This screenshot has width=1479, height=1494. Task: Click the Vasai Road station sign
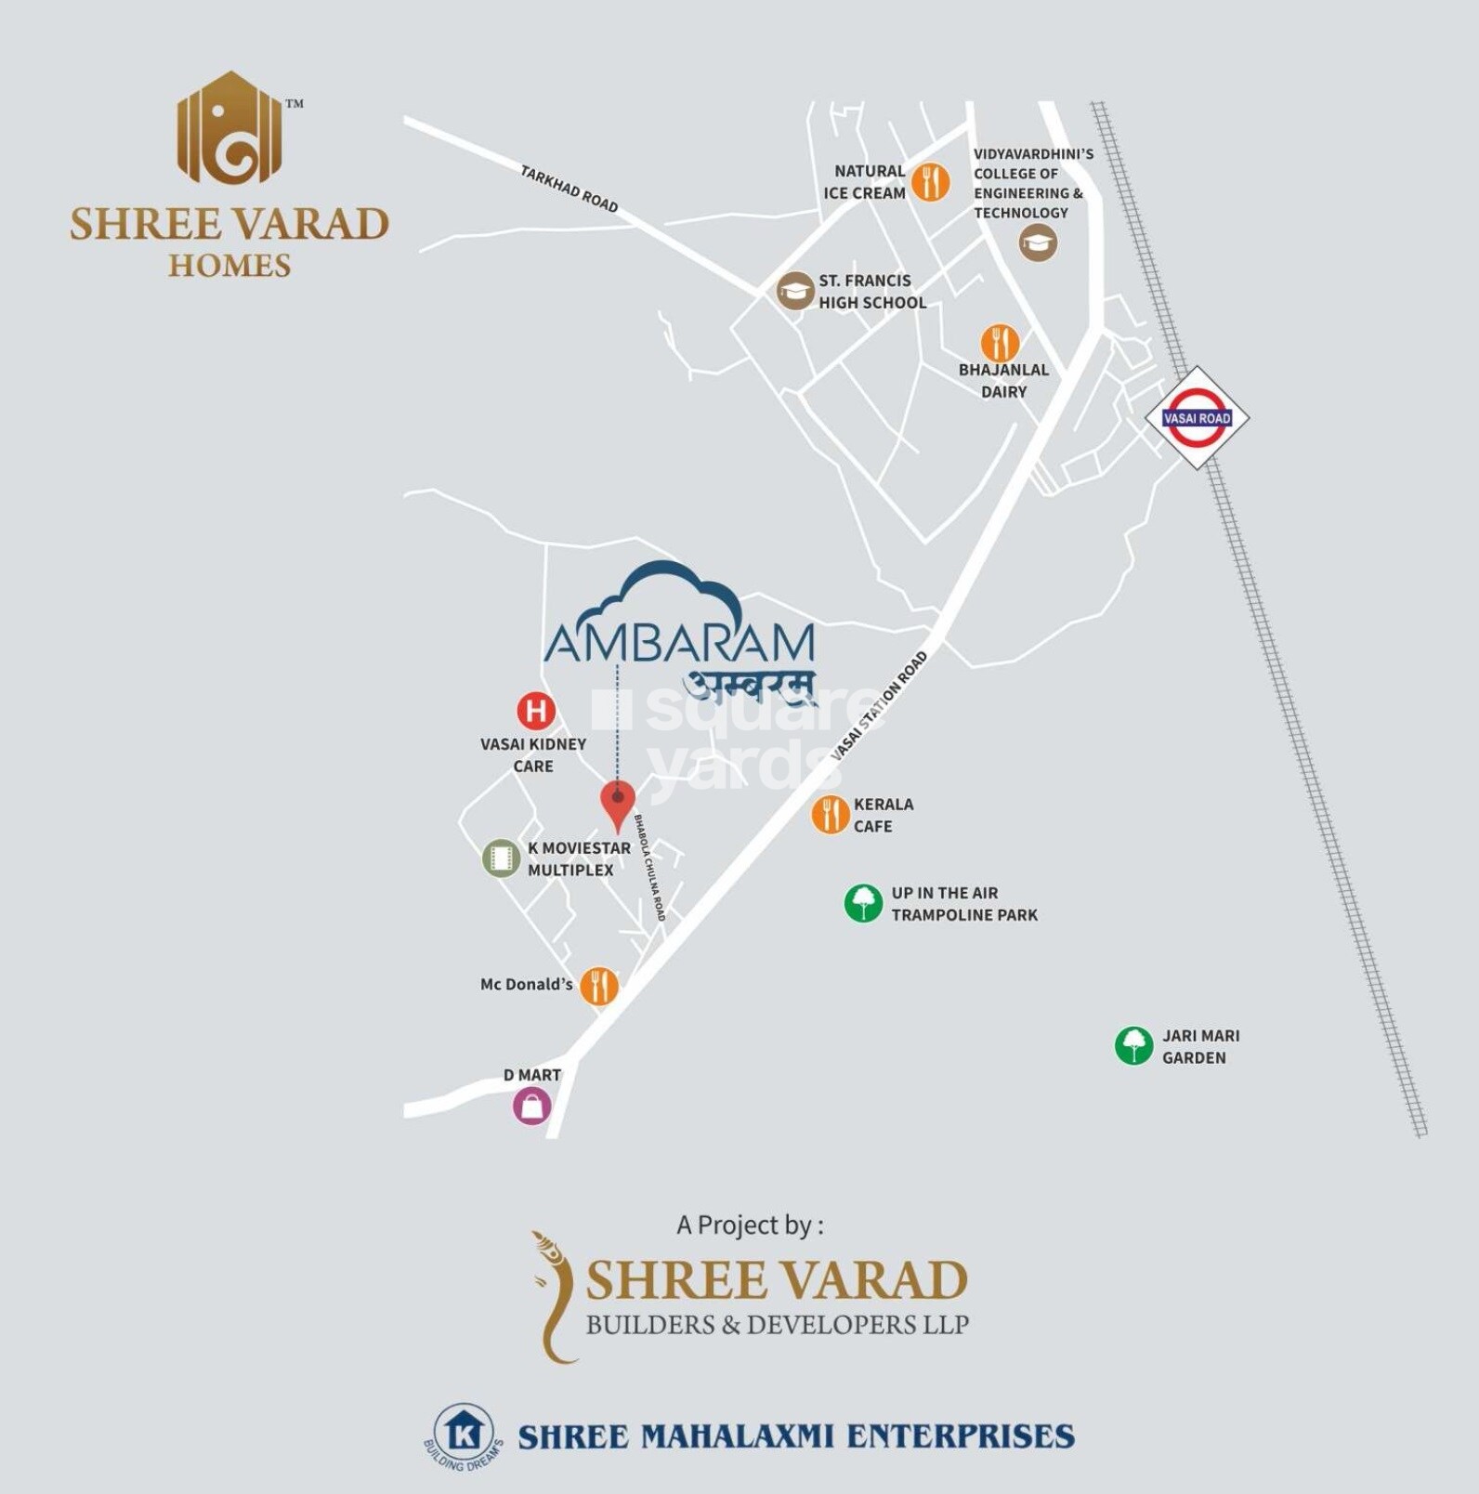coord(1197,418)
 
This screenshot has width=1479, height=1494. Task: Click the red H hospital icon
coord(536,712)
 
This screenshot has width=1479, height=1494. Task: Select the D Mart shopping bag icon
coord(532,1107)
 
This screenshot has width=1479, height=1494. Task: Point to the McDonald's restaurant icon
coord(599,986)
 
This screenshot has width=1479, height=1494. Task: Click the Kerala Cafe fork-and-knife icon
coord(830,815)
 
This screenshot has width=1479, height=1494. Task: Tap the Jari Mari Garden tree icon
coord(1133,1045)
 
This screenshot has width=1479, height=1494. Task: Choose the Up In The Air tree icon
coord(863,903)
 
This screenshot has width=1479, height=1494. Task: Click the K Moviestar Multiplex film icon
coord(501,858)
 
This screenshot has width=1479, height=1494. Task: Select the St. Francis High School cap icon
coord(795,291)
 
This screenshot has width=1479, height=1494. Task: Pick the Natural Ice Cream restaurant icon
coord(930,181)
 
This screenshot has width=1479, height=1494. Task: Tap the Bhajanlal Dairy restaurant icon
coord(1000,344)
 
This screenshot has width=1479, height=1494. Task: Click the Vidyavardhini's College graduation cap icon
coord(1038,243)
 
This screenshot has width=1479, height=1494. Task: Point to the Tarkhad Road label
coord(569,189)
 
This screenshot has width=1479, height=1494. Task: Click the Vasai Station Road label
coord(878,706)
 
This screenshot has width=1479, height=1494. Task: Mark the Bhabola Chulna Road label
coord(650,868)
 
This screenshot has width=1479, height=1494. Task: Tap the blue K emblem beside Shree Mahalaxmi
coord(464,1435)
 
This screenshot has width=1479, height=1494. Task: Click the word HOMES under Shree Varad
coord(229,266)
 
